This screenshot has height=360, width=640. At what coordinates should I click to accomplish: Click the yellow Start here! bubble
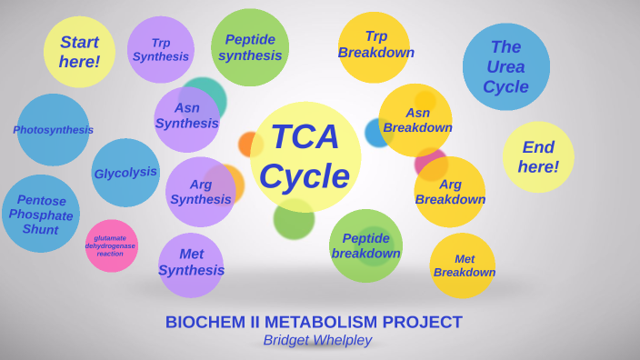pos(79,52)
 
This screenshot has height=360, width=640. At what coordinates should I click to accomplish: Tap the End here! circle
pos(538,156)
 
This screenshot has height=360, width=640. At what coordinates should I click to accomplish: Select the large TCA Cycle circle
pos(305,156)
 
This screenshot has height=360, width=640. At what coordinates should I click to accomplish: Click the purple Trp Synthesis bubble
pos(161,49)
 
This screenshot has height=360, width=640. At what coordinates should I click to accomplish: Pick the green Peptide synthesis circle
pos(250,47)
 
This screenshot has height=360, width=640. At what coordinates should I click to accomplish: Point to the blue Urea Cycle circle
pos(506,66)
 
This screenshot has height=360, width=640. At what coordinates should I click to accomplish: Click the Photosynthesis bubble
pos(53,130)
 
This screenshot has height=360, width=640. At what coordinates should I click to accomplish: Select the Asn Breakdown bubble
pos(415,120)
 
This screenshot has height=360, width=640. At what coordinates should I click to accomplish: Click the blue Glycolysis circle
pos(125,173)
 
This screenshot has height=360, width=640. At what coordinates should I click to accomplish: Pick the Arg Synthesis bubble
pos(200,192)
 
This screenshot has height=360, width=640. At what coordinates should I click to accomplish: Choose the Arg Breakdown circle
pos(450,192)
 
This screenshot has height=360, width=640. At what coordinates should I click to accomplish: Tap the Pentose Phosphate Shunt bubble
pos(41,214)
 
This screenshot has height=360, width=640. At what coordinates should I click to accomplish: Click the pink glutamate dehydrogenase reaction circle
pos(111,245)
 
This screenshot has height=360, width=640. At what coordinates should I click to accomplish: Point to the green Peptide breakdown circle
pos(365,245)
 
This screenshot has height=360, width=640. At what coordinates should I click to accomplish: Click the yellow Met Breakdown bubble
pos(463,265)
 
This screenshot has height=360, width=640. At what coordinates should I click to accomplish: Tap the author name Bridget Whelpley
pos(317,340)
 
